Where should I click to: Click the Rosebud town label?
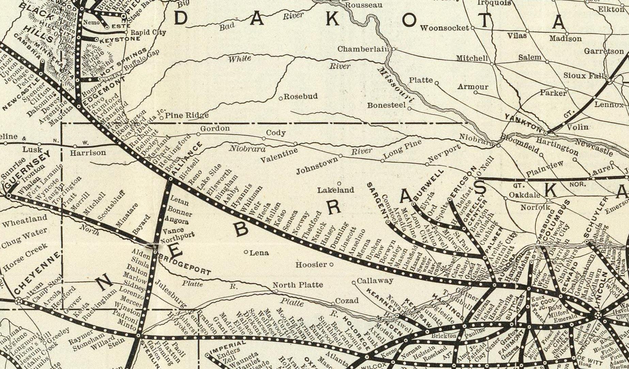[301, 96]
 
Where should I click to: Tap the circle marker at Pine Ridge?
[162, 118]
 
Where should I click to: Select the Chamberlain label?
[363, 49]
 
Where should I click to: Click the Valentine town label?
[279, 155]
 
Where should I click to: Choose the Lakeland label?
[336, 190]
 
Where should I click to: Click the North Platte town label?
[298, 285]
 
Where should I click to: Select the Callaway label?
[375, 281]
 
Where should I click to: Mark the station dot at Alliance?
[171, 179]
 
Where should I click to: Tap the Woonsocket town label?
[444, 28]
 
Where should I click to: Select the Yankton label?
[523, 123]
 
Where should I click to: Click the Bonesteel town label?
[386, 105]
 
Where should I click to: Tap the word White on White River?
[239, 59]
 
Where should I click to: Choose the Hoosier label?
[311, 264]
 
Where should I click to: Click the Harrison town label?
[88, 153]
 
